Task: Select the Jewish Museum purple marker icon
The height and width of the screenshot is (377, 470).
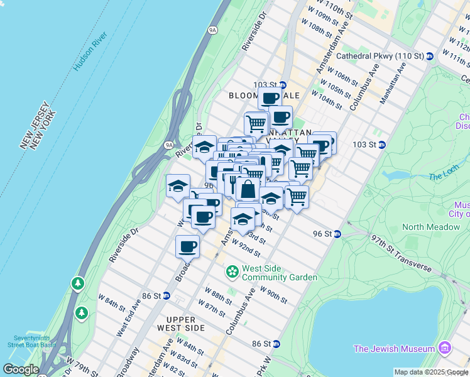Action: coord(445,348)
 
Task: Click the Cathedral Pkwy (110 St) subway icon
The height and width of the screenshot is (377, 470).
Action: coord(430,56)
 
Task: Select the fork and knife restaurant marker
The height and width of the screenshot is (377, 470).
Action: coord(232,183)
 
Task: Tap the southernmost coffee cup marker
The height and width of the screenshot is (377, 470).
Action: coord(187,246)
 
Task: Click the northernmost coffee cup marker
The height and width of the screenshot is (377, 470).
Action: coord(270,98)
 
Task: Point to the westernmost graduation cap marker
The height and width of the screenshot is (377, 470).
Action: coord(178,185)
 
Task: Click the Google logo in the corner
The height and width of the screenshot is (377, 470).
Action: coord(20,369)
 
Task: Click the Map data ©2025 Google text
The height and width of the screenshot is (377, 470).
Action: coord(431,372)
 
